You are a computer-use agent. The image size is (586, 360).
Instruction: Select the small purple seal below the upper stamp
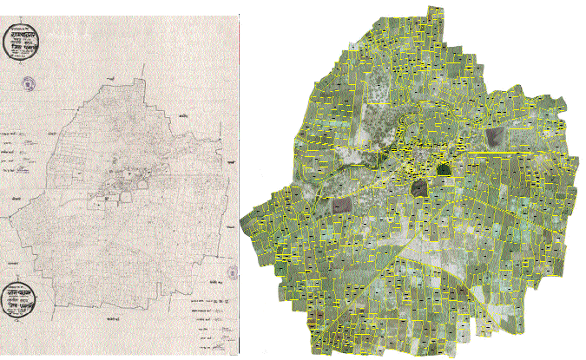[32, 84]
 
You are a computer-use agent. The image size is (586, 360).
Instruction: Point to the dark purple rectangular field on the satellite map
[340, 206]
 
